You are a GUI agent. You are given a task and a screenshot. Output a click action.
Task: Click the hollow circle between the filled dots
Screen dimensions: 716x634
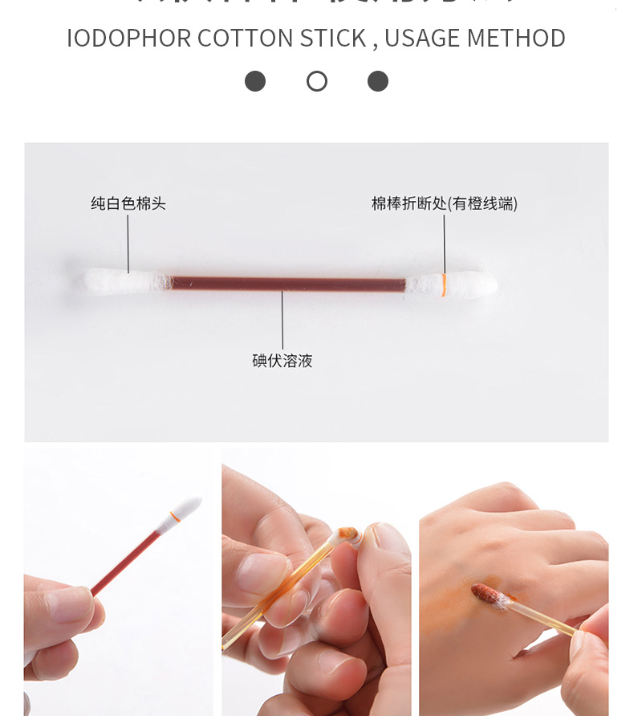tap(317, 81)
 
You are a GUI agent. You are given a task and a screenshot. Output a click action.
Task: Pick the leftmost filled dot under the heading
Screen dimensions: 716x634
tap(255, 81)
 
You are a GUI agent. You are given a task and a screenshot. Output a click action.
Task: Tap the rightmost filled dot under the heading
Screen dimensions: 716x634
tap(378, 81)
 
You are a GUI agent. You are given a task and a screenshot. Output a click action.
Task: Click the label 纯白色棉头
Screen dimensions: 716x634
tap(128, 203)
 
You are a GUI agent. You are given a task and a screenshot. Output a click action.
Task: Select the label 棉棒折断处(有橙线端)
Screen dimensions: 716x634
tap(444, 203)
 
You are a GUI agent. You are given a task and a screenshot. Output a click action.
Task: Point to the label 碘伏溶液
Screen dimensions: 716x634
tap(282, 361)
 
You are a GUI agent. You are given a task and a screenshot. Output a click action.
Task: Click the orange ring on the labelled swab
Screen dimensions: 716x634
tap(443, 285)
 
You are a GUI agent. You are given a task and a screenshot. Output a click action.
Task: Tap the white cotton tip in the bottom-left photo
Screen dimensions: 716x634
tap(185, 509)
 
